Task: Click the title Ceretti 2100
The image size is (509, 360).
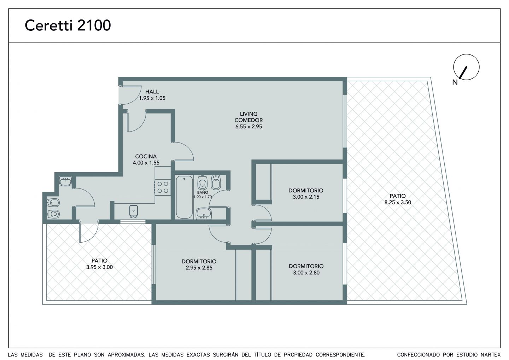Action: point(68,25)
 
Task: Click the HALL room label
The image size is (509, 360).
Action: point(152,92)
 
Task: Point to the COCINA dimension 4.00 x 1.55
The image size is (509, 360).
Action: point(146,163)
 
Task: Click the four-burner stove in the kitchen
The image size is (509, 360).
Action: point(163,187)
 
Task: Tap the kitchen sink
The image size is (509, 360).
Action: point(133,211)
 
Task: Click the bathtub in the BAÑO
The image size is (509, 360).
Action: point(184,197)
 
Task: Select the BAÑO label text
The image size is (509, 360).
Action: point(203,192)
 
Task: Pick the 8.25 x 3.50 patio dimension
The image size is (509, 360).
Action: point(398,203)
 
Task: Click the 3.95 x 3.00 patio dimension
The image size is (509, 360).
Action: point(99,267)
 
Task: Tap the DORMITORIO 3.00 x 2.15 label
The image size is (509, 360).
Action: point(306,194)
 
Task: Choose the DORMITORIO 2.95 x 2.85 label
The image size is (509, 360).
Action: point(199,265)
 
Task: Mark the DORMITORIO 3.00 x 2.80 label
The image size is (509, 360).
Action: point(306,269)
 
